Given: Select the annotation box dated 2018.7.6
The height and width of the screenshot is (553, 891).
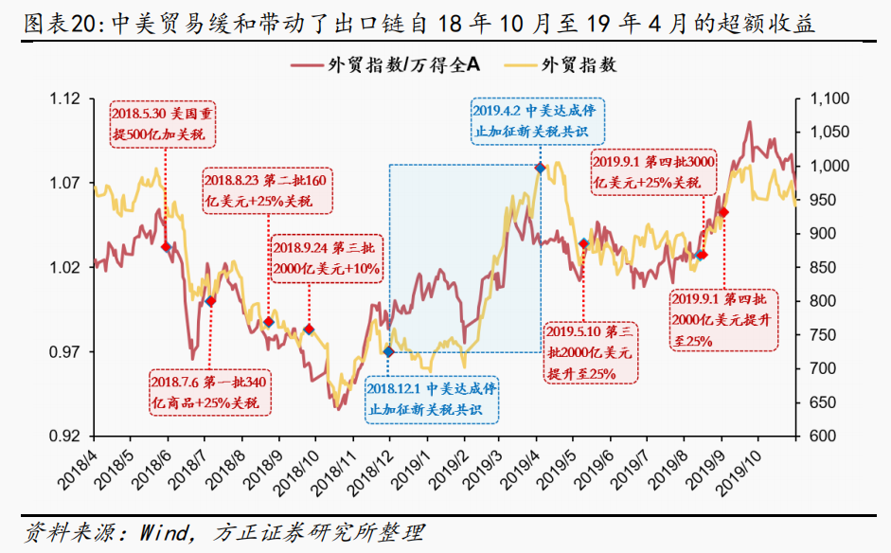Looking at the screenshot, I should coord(209,392).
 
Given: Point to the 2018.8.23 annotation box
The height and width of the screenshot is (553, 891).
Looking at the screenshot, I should coord(269,190).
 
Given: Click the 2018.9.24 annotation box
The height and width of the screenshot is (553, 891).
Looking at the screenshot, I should coord(328,258).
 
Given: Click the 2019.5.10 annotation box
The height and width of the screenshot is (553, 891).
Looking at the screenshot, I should coord(588,352).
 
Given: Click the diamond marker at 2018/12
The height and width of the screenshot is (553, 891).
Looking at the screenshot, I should coord(388,352).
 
